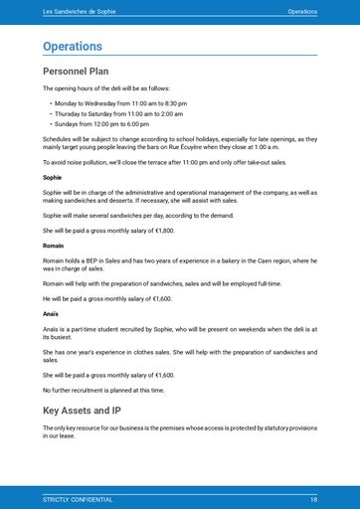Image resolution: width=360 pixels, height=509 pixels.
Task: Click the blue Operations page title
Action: [x=73, y=46]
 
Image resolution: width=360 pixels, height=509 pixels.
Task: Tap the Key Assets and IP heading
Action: [x=82, y=409]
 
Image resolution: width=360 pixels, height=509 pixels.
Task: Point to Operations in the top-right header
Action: [x=302, y=11]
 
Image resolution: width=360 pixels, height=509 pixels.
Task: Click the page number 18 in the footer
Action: [x=313, y=498]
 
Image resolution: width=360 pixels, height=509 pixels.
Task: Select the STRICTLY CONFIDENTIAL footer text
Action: [x=78, y=498]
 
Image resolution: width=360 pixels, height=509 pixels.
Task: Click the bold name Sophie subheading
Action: [x=52, y=177]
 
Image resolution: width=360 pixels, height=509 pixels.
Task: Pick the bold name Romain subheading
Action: [x=54, y=245]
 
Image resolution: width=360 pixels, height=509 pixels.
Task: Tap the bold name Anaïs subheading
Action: [x=51, y=313]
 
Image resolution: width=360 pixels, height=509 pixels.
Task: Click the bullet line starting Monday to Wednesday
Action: [x=120, y=102]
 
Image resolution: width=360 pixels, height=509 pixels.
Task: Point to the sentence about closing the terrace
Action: [x=164, y=161]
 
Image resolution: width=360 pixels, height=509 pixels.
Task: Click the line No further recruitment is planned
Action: [x=103, y=390]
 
